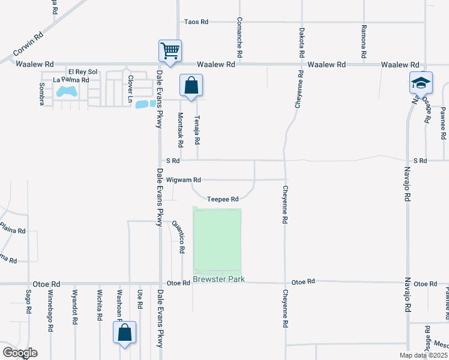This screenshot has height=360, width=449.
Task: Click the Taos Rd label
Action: coord(196,22)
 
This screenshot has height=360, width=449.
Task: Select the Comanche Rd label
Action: coord(240,37)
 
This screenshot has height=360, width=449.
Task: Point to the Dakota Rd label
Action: coord(301,42)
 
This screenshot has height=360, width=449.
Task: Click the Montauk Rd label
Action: coord(180,129)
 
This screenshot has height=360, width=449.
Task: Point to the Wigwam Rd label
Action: coord(184,180)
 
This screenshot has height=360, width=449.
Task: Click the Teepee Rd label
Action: coord(223,199)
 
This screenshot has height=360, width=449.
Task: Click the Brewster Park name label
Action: coord(219,280)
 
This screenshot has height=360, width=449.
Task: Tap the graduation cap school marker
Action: coord(421,82)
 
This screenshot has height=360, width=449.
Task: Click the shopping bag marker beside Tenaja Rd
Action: coord(191,85)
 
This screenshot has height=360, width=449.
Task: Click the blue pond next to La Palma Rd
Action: coord(66,92)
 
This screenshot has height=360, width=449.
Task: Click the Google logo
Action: coord(19,353)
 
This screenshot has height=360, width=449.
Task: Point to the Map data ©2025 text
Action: coord(423,355)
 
